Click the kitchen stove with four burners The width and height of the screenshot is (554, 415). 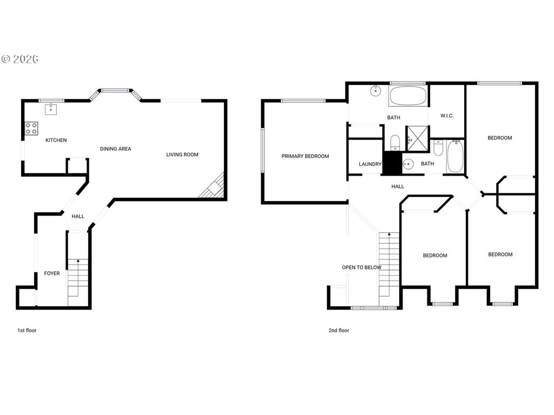pyautogui.click(x=31, y=129)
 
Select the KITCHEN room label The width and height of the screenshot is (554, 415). pyautogui.click(x=56, y=140)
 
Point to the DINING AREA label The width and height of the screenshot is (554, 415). pyautogui.click(x=115, y=149)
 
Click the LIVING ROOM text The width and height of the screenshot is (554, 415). pyautogui.click(x=182, y=155)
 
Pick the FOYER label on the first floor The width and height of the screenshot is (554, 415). pyautogui.click(x=52, y=273)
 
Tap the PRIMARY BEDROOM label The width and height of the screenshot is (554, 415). pyautogui.click(x=305, y=156)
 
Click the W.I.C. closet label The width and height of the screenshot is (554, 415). pyautogui.click(x=447, y=116)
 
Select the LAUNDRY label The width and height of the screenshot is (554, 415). pyautogui.click(x=370, y=164)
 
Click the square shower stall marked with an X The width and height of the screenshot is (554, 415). pyautogui.click(x=417, y=136)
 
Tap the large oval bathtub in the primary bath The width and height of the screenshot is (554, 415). pyautogui.click(x=408, y=96)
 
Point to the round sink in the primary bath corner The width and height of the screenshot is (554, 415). pyautogui.click(x=374, y=91)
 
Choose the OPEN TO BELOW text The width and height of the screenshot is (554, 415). pyautogui.click(x=361, y=267)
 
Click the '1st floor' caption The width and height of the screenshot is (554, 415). pyautogui.click(x=27, y=330)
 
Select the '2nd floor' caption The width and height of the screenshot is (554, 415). pyautogui.click(x=339, y=330)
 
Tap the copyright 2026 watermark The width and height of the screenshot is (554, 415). pyautogui.click(x=19, y=59)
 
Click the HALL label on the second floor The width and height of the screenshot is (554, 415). pyautogui.click(x=398, y=186)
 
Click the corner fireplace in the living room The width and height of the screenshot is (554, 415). pyautogui.click(x=212, y=187)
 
